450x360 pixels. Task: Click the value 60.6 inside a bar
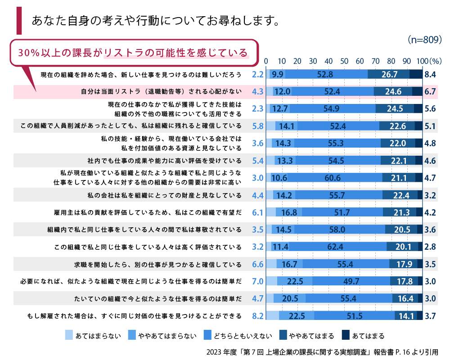[332, 178]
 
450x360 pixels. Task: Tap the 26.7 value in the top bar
[389, 75]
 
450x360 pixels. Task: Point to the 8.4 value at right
[430, 75]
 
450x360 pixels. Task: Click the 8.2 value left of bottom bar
[257, 316]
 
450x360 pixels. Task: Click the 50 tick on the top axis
[344, 61]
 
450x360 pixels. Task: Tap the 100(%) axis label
[430, 61]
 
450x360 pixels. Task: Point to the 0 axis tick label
[266, 61]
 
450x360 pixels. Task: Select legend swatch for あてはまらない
[69, 335]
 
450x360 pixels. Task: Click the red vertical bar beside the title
[19, 20]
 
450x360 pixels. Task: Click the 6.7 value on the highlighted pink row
[430, 92]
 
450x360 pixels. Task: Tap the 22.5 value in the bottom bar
[297, 316]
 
